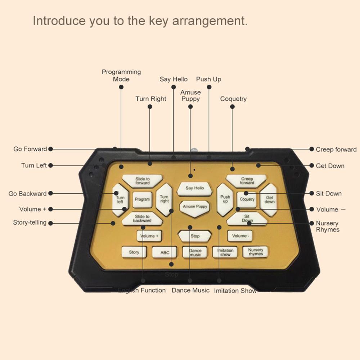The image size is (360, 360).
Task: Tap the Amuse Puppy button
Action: point(195,207)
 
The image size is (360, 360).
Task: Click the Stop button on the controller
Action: point(195,236)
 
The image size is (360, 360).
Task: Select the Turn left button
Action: point(120,199)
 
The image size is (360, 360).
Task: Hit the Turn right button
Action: point(164,199)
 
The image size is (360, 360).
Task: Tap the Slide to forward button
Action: point(142,181)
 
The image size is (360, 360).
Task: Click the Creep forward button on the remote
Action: point(247,181)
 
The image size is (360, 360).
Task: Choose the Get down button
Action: point(269,199)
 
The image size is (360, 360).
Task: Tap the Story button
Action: point(134,252)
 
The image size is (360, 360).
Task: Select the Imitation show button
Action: point(225,252)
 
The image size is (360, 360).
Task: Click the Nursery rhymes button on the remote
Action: point(256,252)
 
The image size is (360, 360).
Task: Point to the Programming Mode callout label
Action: point(121,76)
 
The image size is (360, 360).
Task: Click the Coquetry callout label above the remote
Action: point(233,99)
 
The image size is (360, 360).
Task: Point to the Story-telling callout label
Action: point(30,222)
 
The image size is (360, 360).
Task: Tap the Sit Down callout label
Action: point(329,193)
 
